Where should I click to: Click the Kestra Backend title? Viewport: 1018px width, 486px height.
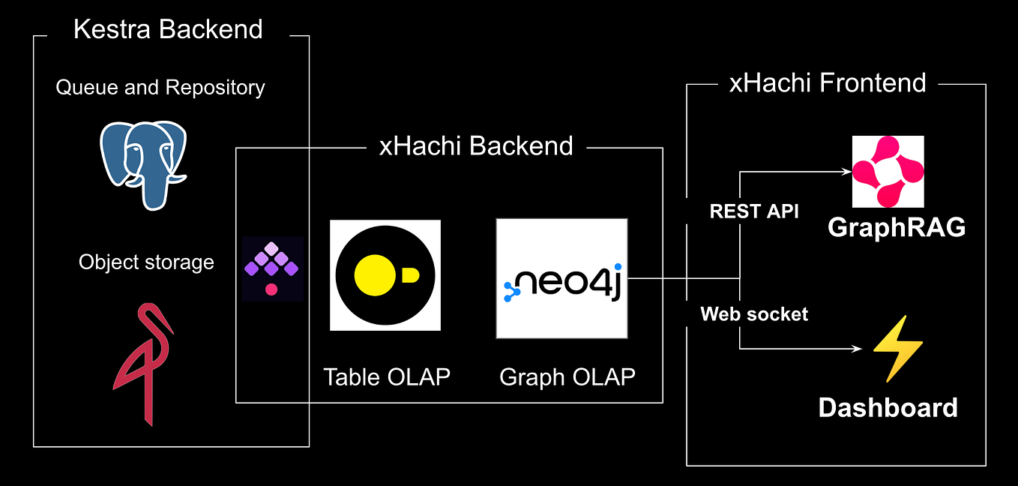point(168,29)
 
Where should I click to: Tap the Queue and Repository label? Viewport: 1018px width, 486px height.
point(160,88)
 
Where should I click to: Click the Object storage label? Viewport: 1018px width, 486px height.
point(146,262)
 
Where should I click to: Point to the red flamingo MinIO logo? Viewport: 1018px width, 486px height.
point(142,363)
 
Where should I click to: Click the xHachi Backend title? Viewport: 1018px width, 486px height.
point(476,145)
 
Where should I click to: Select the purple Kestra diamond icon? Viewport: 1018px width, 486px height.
point(272,268)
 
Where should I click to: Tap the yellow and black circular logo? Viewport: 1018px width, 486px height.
point(385,274)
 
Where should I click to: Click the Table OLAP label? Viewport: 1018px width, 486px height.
point(386,376)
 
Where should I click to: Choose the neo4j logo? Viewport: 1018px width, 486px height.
point(561,279)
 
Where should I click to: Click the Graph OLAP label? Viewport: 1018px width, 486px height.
point(567,376)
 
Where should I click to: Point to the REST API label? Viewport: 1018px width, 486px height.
point(754,211)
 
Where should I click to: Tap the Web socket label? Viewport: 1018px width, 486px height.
point(754,313)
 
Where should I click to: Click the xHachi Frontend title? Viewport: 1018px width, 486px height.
point(828,82)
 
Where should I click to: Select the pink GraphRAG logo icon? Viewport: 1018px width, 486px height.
point(888,172)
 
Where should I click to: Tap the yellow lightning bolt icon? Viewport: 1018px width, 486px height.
point(897,349)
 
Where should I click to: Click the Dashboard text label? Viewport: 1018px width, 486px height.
point(888,408)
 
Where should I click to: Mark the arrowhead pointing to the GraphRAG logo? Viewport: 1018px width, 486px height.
point(847,172)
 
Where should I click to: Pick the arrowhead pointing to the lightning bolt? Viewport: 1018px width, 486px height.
point(858,349)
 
